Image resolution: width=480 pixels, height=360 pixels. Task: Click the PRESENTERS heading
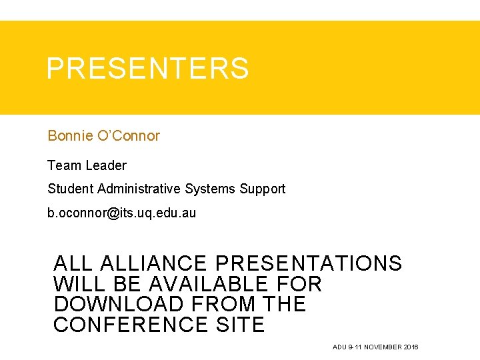(147, 69)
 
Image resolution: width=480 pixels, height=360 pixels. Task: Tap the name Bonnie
(69, 136)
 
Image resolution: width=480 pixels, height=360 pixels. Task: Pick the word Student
(70, 189)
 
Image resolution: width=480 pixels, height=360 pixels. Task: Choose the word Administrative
(139, 189)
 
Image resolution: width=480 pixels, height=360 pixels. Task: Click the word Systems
(210, 189)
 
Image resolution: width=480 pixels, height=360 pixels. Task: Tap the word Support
(262, 189)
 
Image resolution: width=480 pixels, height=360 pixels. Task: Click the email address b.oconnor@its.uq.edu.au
(121, 213)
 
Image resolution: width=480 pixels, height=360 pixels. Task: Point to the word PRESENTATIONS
(309, 263)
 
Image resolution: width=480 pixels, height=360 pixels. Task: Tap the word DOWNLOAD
(118, 305)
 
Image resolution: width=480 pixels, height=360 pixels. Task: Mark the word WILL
(75, 284)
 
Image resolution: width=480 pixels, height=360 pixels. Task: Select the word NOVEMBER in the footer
(382, 347)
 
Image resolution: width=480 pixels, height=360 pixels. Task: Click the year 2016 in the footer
(411, 347)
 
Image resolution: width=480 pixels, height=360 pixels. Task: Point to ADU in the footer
(339, 347)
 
